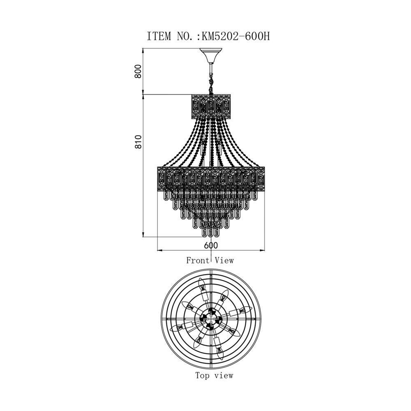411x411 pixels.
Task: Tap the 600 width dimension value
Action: point(211,245)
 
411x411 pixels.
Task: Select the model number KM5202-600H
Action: point(236,36)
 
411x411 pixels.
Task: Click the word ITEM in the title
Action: point(159,36)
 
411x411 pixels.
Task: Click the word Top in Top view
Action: point(202,376)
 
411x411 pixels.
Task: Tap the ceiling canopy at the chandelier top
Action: point(211,55)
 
